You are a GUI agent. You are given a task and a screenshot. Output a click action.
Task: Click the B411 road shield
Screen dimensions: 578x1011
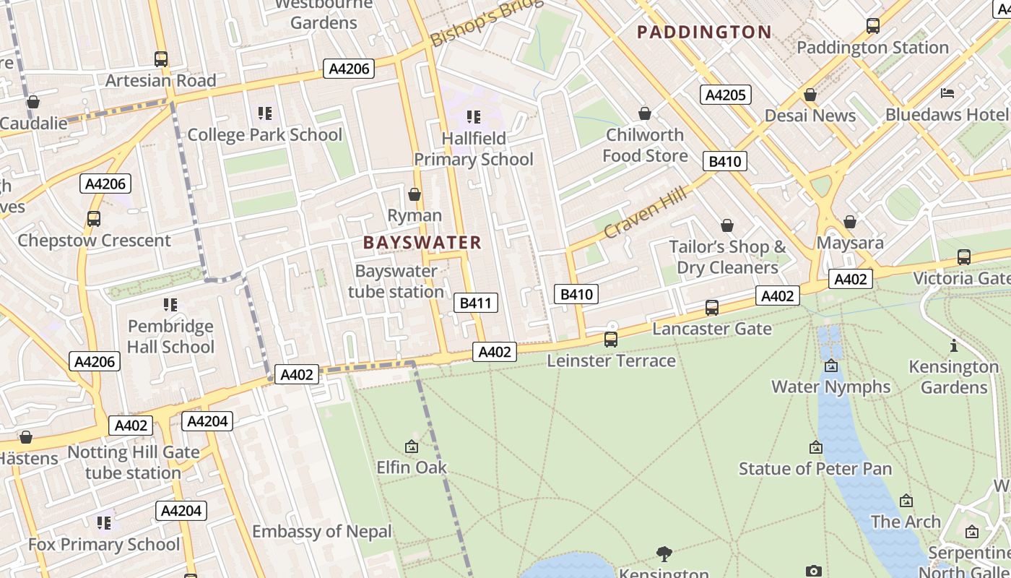coord(476,303)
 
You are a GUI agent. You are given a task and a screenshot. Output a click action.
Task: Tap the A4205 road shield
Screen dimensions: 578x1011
coord(725,95)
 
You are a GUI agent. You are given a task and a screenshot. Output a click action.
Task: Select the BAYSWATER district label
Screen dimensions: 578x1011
coord(422,242)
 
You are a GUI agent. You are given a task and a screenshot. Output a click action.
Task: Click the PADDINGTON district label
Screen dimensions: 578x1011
coord(705,32)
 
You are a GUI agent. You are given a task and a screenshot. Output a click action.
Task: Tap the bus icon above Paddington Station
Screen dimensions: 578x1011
coord(873,26)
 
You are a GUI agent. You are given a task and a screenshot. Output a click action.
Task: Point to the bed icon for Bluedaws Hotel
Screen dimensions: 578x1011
coord(947,93)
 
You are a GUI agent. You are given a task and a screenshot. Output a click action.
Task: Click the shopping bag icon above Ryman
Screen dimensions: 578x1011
coord(415,194)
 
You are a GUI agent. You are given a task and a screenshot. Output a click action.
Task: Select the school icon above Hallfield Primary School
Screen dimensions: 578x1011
coord(474,116)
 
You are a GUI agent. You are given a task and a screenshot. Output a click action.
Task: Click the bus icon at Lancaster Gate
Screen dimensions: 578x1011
coord(712,308)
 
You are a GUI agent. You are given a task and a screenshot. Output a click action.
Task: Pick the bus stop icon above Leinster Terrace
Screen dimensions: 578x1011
coord(611,339)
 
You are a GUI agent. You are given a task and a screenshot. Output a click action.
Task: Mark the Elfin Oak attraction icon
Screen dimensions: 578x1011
coord(412,447)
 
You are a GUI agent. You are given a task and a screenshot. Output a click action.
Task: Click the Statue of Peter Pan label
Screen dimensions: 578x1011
coord(815,469)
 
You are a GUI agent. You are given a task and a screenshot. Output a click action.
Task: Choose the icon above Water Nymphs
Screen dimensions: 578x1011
coord(830,366)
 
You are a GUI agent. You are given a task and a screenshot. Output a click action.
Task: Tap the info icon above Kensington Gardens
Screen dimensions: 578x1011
coord(953,345)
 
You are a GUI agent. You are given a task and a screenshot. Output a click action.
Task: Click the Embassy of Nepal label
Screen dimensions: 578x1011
coord(321,532)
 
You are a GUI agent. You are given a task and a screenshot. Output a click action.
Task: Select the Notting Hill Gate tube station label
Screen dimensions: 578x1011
coord(133,463)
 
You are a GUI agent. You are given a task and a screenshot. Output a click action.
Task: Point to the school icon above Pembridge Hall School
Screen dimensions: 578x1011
coord(170,305)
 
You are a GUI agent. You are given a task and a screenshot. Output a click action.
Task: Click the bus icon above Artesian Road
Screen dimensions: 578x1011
coord(161,59)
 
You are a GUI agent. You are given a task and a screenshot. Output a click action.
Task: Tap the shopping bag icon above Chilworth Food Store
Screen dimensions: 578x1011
coord(645,113)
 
